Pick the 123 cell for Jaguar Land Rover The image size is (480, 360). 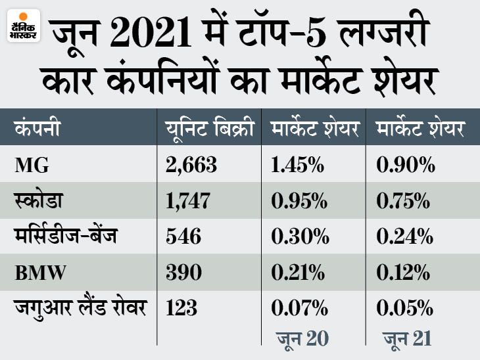click(181, 307)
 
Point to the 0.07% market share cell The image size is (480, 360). click(297, 307)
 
